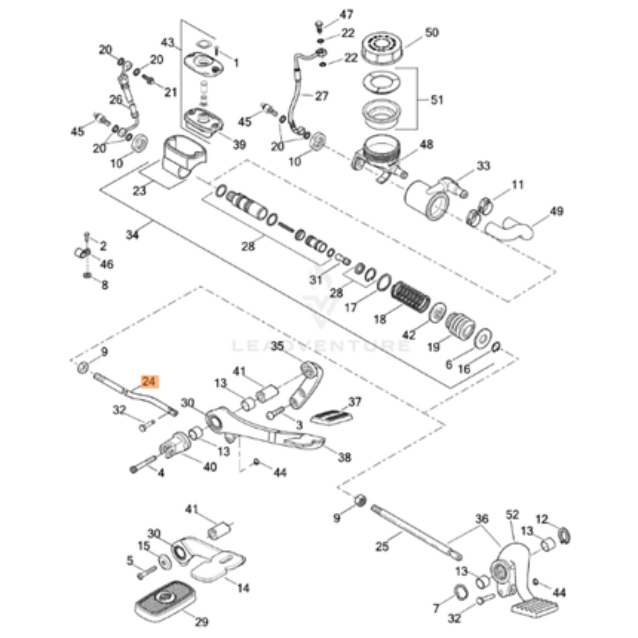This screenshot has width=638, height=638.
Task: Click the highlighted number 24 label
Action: [149, 381]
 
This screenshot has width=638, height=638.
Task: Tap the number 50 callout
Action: [431, 33]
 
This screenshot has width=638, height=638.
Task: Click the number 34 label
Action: [132, 235]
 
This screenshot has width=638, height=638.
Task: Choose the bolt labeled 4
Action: [143, 463]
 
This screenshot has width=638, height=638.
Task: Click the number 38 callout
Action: [344, 457]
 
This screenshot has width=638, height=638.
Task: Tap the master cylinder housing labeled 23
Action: [184, 157]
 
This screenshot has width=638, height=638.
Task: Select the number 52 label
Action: [512, 515]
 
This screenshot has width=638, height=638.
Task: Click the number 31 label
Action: [316, 280]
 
